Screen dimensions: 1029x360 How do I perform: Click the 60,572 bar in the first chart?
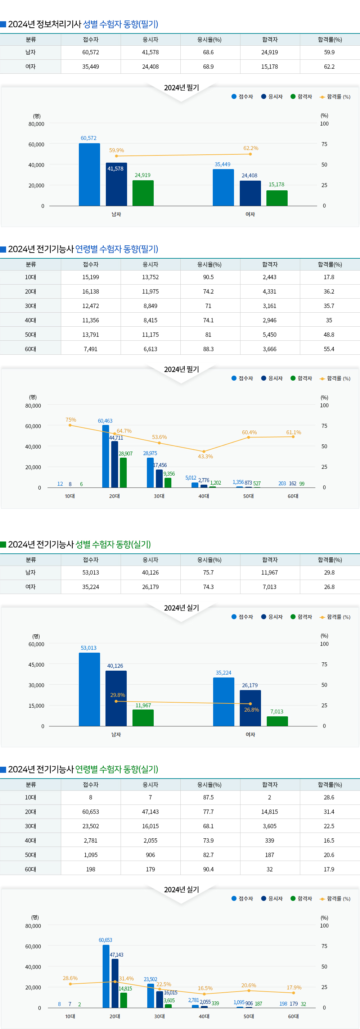[x=89, y=174]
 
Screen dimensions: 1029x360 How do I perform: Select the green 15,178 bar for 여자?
[x=277, y=198]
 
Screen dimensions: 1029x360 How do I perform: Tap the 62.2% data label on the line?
[x=251, y=148]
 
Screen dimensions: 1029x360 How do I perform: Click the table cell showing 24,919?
[x=270, y=52]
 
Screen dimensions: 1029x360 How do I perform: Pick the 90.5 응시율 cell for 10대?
[x=208, y=277]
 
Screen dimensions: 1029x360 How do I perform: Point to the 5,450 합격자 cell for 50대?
[x=270, y=335]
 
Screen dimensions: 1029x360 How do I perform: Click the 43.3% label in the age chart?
[x=205, y=456]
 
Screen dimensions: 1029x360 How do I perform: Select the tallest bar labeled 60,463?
[x=105, y=456]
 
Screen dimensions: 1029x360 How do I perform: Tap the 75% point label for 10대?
[x=71, y=420]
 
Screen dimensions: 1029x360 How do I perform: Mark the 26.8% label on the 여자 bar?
[x=252, y=710]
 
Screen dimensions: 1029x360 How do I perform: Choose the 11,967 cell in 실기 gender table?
[x=270, y=572]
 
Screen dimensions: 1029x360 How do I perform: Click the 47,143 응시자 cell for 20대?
[x=150, y=812]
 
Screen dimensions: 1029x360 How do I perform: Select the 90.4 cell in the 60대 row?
[x=208, y=869]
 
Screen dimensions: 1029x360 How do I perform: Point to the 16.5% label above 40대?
[x=205, y=988]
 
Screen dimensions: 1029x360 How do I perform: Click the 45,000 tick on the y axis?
[x=36, y=665]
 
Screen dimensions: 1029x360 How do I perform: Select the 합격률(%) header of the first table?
[x=330, y=40]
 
